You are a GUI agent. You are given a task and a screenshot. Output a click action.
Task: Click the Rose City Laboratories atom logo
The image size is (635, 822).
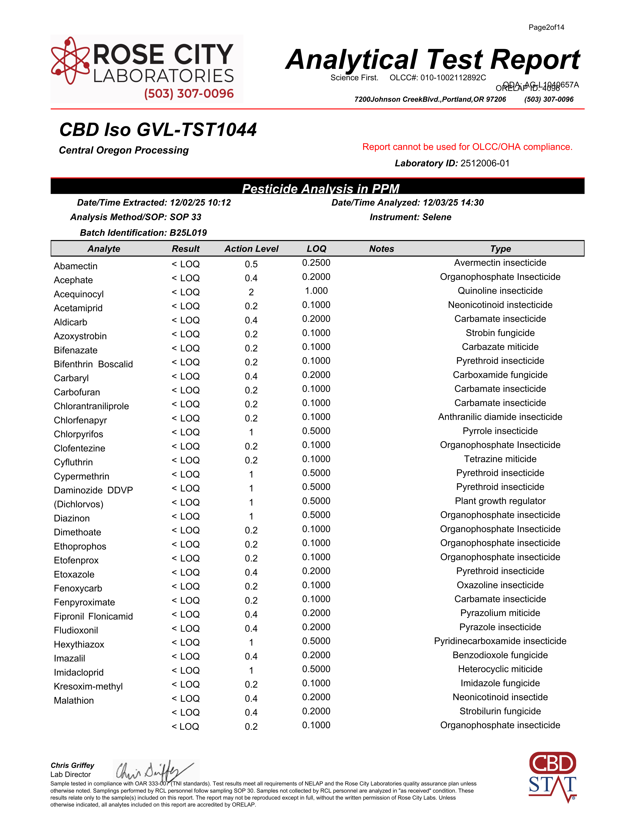point(70,60)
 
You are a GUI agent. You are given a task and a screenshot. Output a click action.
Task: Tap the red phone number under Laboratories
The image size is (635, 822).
point(189,93)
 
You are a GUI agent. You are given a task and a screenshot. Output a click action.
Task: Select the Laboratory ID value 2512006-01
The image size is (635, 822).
point(485,163)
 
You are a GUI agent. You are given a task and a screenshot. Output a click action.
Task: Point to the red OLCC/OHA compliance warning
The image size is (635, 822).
point(467,147)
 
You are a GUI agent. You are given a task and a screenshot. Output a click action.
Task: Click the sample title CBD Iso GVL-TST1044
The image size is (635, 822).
point(158,130)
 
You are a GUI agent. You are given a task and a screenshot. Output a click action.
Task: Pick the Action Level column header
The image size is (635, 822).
point(251,249)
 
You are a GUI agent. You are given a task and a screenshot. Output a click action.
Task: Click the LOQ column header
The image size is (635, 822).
point(316,249)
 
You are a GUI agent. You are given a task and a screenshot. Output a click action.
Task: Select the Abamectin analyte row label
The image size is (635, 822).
point(76,266)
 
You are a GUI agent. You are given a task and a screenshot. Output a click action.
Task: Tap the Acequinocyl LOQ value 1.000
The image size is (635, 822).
point(316,291)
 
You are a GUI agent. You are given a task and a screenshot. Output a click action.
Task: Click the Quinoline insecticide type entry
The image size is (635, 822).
point(500,291)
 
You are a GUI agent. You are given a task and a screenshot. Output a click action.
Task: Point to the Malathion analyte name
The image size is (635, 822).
point(74,700)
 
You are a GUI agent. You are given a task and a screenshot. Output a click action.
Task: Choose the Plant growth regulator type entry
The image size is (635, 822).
point(500,501)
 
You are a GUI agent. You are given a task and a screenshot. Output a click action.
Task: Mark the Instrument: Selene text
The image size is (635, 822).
point(411,217)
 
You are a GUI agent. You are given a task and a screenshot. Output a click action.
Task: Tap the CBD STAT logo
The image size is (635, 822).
point(552,776)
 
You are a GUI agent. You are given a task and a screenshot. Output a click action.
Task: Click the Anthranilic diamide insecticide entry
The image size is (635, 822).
point(500,417)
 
